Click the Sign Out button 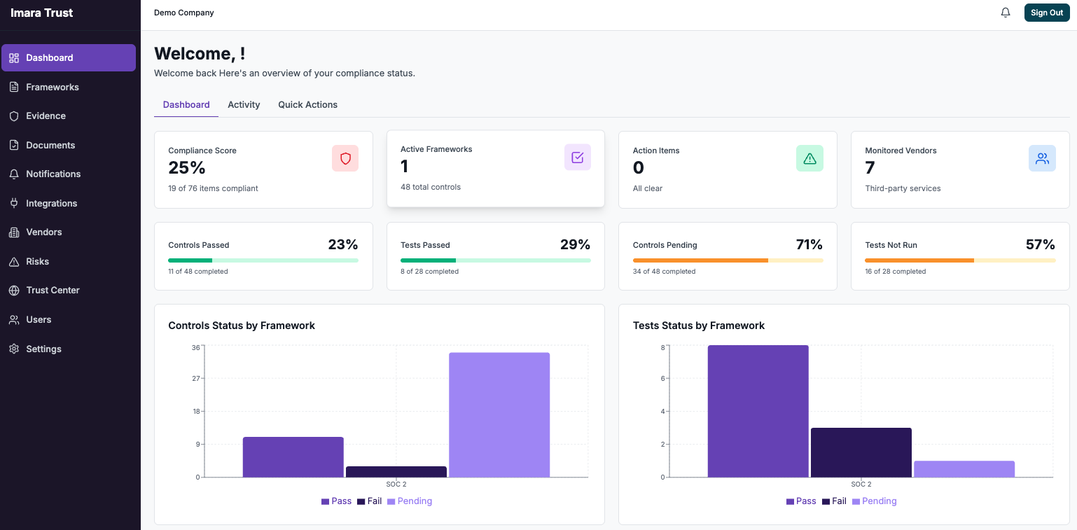coord(1046,13)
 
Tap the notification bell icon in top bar coord(1006,13)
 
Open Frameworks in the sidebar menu coord(53,87)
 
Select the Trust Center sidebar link coord(53,290)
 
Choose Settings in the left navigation coord(43,349)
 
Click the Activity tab coord(244,104)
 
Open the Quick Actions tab coord(307,104)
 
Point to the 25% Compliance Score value coord(187,168)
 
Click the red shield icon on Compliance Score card coord(345,158)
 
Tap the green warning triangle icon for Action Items coord(810,158)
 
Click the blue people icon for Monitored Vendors coord(1042,158)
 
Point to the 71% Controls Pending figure coord(809,244)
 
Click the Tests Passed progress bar coord(495,260)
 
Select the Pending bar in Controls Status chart coord(499,414)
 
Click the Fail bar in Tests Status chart coord(861,452)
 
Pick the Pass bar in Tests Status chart coord(758,411)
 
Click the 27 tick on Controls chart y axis coord(196,378)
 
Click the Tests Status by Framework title coord(698,326)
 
